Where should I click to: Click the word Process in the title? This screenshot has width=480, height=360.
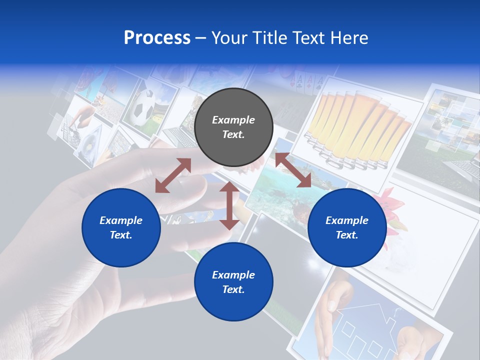pos(157,38)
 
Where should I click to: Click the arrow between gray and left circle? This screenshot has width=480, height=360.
pos(173,175)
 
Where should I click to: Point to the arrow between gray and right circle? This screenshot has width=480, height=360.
pos(293,170)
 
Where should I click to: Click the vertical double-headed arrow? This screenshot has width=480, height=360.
pos(229,205)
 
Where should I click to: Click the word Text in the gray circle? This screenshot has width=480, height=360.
pos(233,134)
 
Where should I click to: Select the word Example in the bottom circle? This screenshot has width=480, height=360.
pos(233,274)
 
